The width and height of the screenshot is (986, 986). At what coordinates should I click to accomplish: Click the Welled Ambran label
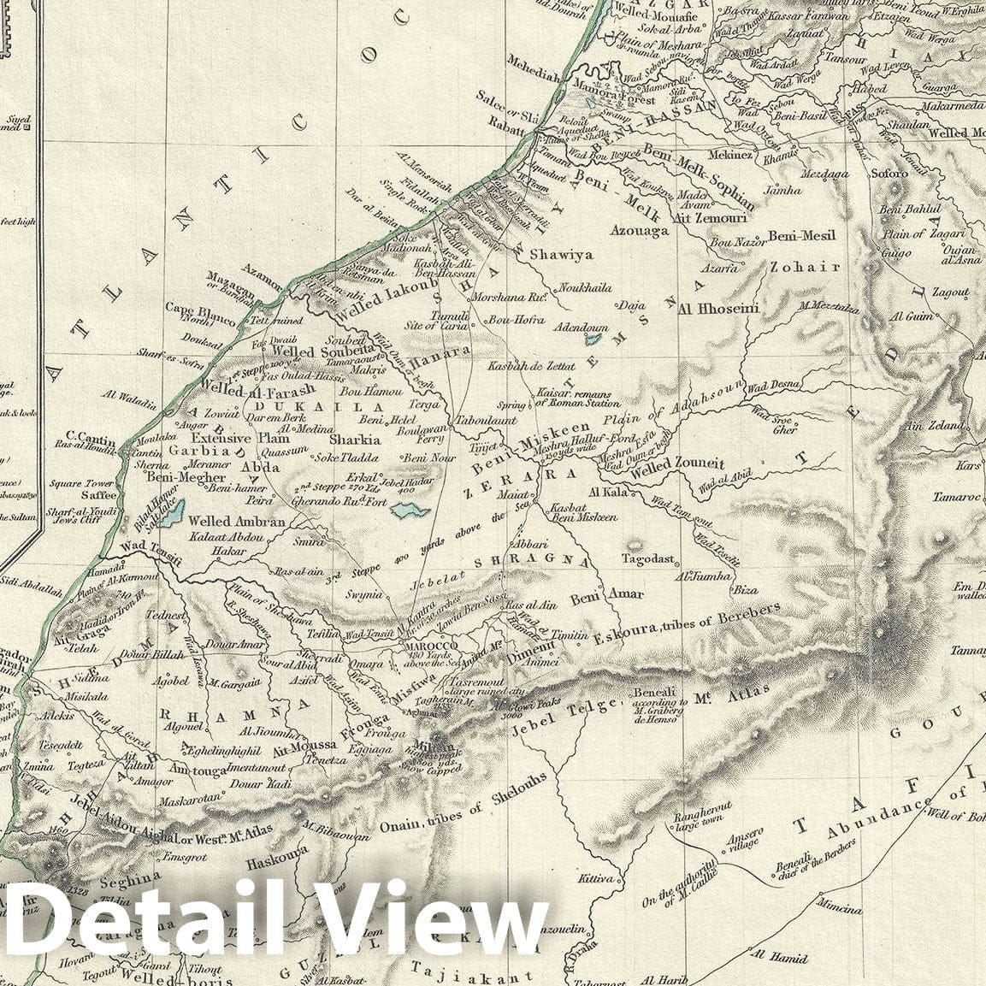pyautogui.click(x=225, y=522)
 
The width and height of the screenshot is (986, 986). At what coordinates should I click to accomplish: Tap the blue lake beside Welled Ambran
pyautogui.click(x=171, y=513)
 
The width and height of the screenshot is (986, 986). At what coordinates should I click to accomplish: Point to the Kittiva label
pyautogui.click(x=596, y=878)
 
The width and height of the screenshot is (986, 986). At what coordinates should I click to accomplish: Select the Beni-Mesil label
pyautogui.click(x=802, y=235)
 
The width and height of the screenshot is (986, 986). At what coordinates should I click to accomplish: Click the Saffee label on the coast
pyautogui.click(x=99, y=494)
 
